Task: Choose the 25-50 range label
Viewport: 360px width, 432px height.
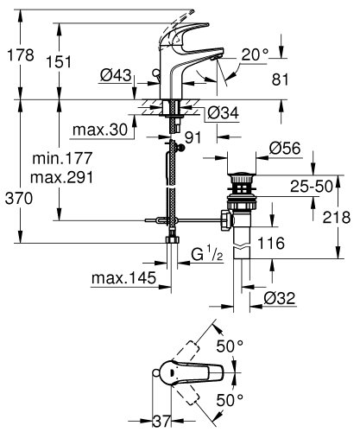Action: (312, 186)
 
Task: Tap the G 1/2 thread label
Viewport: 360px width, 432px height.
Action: (206, 257)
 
